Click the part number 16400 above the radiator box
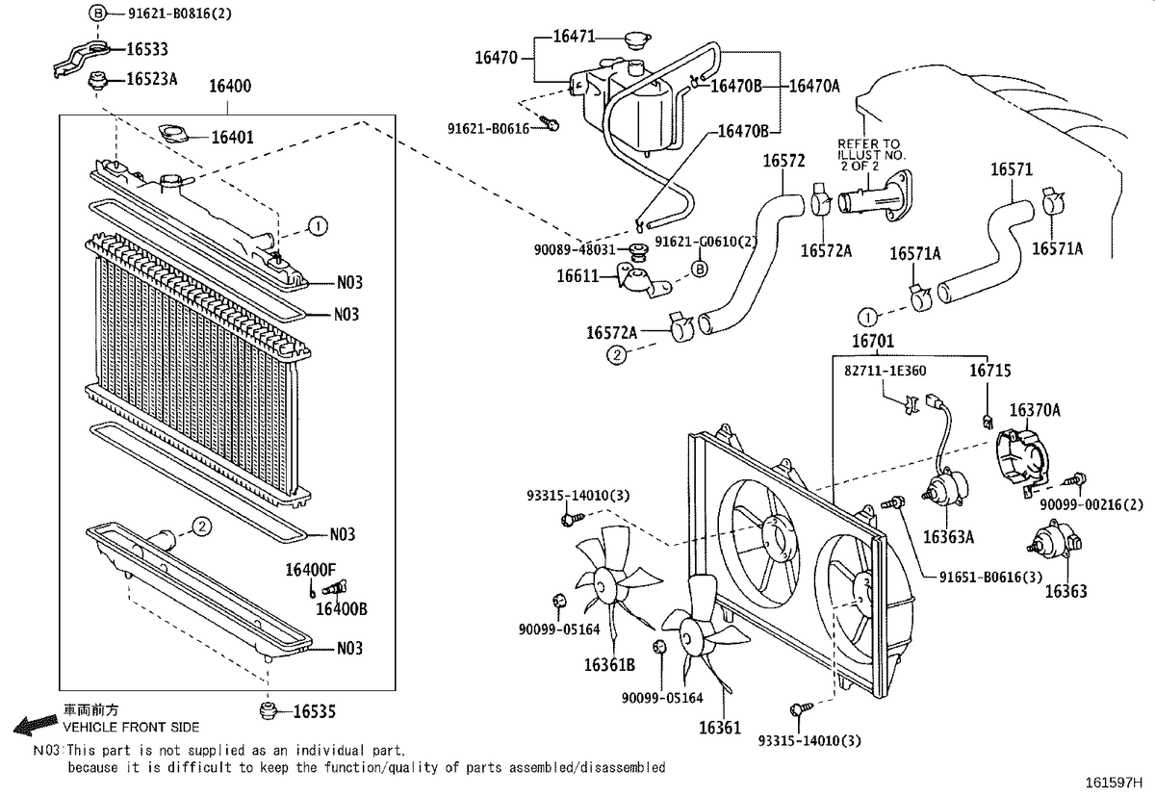230,86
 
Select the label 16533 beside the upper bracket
147,49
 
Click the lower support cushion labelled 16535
269,711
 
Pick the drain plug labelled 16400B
335,588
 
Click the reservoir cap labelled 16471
637,39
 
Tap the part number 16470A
814,86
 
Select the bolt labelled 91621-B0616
550,122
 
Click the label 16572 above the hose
783,161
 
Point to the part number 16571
1012,169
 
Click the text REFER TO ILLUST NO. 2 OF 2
871,155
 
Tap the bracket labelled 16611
644,280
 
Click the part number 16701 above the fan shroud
872,341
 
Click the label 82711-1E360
885,372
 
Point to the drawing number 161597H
1114,784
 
